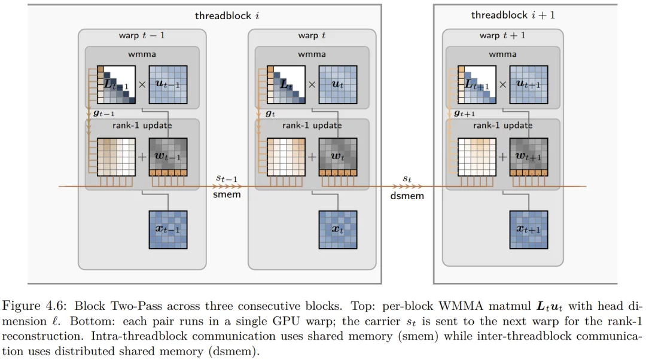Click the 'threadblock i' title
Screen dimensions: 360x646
point(227,16)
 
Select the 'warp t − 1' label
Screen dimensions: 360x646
point(142,36)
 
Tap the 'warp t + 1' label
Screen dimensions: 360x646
point(502,36)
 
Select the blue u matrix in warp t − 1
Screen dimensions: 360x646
point(168,84)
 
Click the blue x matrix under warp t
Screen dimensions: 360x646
point(338,230)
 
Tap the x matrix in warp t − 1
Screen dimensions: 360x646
point(168,230)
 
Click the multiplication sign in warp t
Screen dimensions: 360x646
point(312,84)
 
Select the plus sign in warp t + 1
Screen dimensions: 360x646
point(503,157)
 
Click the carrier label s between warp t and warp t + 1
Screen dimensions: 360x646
point(407,179)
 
